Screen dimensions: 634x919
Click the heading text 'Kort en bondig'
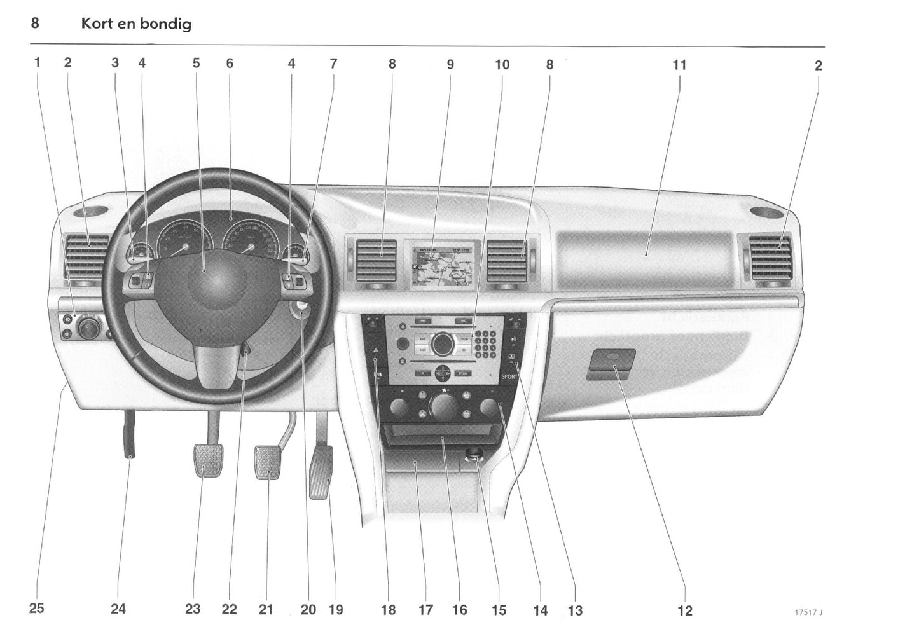[x=136, y=24]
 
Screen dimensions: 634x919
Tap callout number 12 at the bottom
[x=684, y=610]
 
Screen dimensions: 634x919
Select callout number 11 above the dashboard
[x=679, y=65]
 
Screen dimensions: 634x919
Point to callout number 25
[x=37, y=608]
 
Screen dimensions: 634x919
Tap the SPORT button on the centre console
[x=509, y=376]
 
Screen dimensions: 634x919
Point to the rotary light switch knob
[x=88, y=327]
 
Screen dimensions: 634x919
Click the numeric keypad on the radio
[x=486, y=343]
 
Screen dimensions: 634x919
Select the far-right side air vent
[x=771, y=258]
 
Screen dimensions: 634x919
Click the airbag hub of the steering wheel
[x=216, y=280]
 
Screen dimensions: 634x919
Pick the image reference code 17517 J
[x=808, y=612]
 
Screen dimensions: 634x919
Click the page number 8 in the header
[x=35, y=24]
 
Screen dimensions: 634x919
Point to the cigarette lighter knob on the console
[x=474, y=454]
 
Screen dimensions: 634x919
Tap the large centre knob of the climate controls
[x=443, y=404]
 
